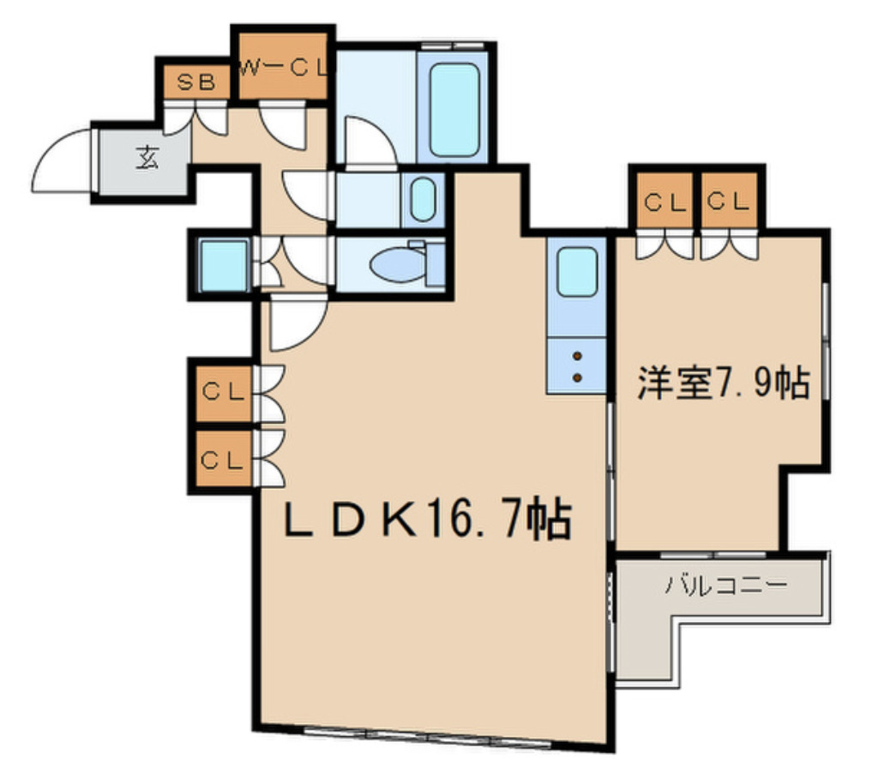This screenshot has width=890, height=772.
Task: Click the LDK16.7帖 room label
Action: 427,519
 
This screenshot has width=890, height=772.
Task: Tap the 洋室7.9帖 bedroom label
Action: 722,383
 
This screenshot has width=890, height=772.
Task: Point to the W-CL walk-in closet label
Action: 284,69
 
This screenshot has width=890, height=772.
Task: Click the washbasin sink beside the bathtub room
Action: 422,199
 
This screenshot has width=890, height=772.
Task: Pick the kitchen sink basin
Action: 577,272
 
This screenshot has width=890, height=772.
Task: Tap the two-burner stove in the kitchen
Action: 577,365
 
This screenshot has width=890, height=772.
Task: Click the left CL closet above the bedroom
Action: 664,203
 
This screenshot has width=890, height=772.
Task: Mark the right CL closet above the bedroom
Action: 730,203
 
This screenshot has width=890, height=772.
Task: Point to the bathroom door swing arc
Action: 367,142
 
